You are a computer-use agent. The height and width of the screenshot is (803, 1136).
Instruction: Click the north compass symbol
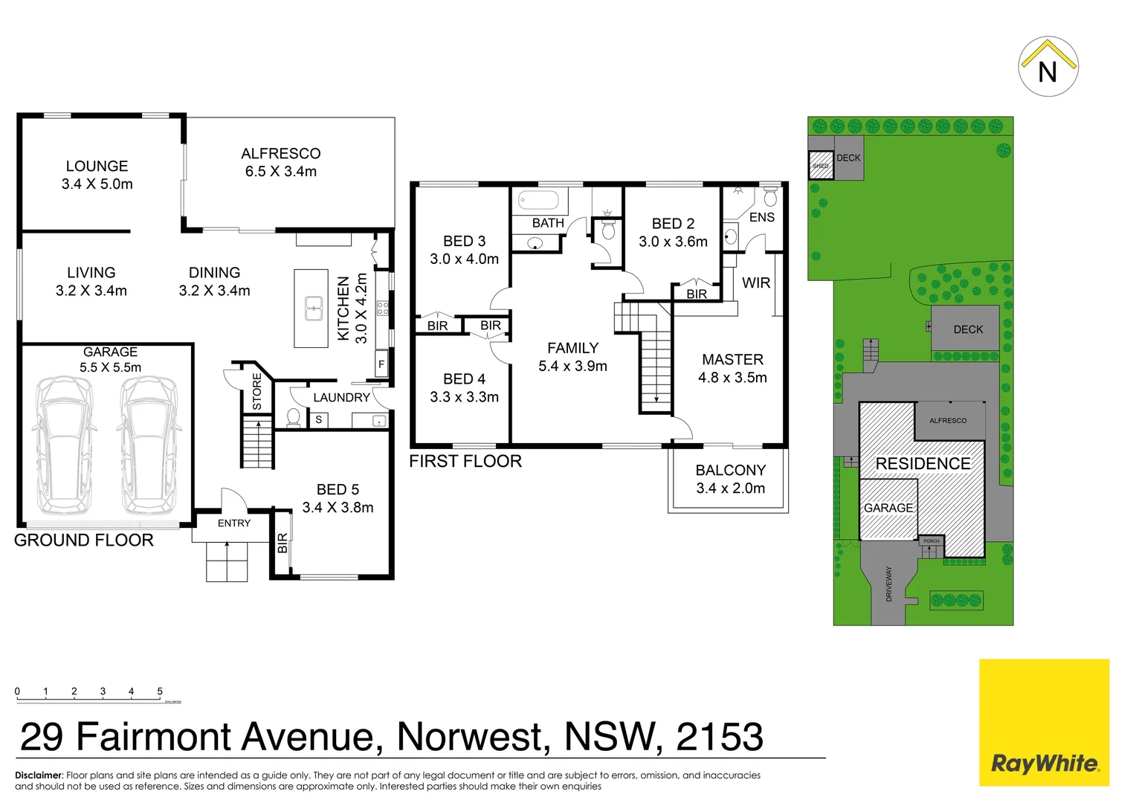click(1048, 67)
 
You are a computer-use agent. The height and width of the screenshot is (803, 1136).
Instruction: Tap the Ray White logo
click(1044, 763)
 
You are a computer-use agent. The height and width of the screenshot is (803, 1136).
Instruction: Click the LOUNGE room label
click(97, 167)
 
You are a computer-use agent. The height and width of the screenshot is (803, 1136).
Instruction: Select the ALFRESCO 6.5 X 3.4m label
click(281, 162)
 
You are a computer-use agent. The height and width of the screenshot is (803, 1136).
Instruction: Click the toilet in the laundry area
click(293, 417)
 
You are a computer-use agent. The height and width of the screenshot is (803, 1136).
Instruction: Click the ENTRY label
click(234, 523)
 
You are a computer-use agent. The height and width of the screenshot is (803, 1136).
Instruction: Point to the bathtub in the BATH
click(538, 201)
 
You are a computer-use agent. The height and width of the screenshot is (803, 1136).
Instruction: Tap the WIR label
click(756, 283)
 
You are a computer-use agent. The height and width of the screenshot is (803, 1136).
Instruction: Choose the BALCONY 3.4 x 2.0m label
click(730, 480)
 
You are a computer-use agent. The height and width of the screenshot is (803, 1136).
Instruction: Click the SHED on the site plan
click(821, 165)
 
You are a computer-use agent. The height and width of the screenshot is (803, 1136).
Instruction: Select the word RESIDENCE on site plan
click(923, 464)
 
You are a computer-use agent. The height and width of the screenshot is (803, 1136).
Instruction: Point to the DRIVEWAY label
click(889, 584)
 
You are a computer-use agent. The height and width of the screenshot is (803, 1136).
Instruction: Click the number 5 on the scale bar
click(160, 691)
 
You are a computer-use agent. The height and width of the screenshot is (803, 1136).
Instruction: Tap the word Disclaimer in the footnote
click(39, 775)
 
